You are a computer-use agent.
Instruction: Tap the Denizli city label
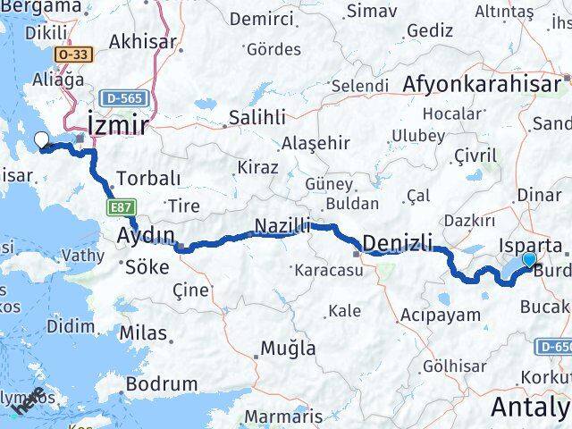(399, 243)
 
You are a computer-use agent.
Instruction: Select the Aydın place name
(147, 235)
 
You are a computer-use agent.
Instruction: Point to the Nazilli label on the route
(282, 226)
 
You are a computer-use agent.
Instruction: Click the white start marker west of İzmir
(41, 139)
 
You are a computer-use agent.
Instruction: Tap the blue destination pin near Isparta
(529, 260)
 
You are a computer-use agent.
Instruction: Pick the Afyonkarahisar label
(483, 83)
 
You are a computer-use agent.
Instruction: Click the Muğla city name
(288, 349)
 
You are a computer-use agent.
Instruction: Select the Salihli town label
(257, 117)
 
